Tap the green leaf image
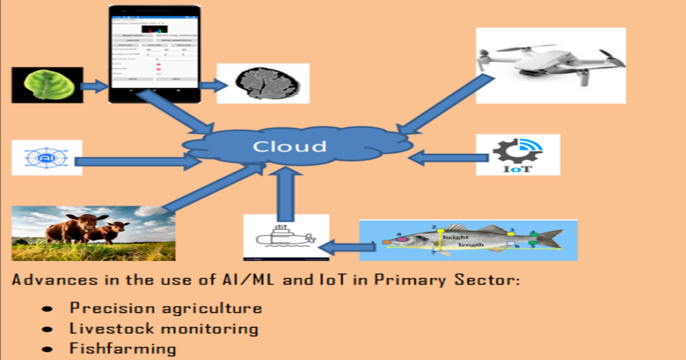tap(47, 85)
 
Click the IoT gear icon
tap(517, 152)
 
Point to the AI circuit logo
tap(47, 158)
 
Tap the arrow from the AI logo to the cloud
tap(137, 162)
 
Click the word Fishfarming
tap(122, 348)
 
